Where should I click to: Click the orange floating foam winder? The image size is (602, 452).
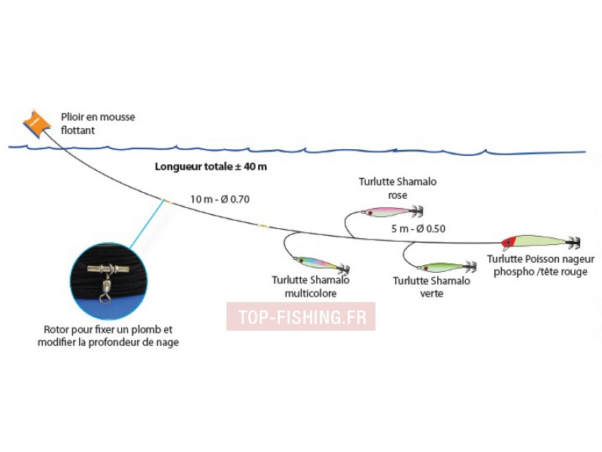pos(37,123)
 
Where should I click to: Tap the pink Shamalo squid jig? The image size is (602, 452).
pos(392,212)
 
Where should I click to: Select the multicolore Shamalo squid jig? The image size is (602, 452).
pos(321,264)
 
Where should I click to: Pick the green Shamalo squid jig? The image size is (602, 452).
pos(446,267)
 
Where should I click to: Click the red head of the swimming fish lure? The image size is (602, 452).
pos(509,242)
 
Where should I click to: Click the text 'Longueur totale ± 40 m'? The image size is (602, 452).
pos(211,166)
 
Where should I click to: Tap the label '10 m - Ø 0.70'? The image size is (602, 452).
pos(220,199)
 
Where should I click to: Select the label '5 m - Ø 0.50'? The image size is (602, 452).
pos(418,229)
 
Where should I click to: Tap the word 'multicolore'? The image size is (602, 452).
pos(311,293)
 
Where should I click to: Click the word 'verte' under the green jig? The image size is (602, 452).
pos(431,294)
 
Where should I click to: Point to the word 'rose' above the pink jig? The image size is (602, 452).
pos(398,196)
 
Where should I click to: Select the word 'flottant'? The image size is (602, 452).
pos(78,130)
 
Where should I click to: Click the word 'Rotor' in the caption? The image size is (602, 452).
pos(56,329)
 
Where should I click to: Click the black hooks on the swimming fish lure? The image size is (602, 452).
pos(573,242)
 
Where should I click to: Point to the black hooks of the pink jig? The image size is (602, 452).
pos(417,211)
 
